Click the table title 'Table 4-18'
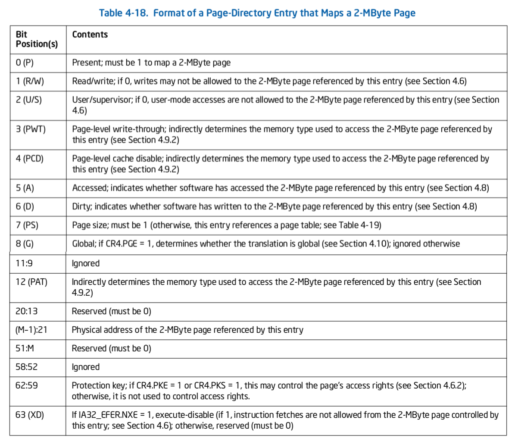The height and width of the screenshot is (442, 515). (257, 13)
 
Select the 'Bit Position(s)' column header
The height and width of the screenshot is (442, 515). (37, 39)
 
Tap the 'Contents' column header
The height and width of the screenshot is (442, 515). (90, 35)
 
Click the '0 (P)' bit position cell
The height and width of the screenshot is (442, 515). (25, 63)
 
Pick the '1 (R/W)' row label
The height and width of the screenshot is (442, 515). (30, 81)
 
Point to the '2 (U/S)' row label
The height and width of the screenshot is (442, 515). (29, 100)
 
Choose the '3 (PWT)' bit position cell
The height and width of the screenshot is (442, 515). (31, 129)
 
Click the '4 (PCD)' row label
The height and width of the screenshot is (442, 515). (30, 158)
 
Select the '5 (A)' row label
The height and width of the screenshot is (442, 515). (25, 188)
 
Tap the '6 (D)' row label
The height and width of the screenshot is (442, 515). (25, 206)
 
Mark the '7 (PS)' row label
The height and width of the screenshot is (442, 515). (27, 225)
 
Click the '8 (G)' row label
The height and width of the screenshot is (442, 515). (25, 243)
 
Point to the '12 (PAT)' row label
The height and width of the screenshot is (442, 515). (31, 282)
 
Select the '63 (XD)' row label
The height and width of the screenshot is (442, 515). (30, 415)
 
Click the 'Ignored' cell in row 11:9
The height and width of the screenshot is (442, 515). (86, 263)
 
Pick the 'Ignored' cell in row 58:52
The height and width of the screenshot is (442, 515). (86, 367)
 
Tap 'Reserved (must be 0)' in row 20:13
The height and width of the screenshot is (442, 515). (111, 311)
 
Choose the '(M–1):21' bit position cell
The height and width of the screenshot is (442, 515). (31, 330)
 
